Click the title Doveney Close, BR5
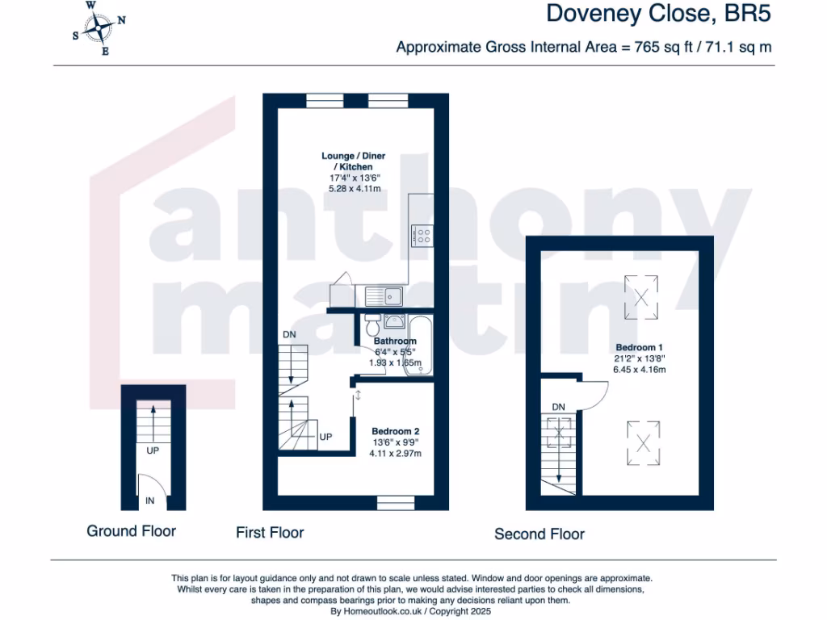659,14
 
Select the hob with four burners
422,236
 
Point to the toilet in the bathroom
372,326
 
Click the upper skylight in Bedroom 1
643,296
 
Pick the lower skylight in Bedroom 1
643,442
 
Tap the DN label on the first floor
289,334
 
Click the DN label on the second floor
558,406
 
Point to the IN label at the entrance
149,501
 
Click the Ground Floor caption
131,530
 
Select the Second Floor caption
539,534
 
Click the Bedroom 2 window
396,504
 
